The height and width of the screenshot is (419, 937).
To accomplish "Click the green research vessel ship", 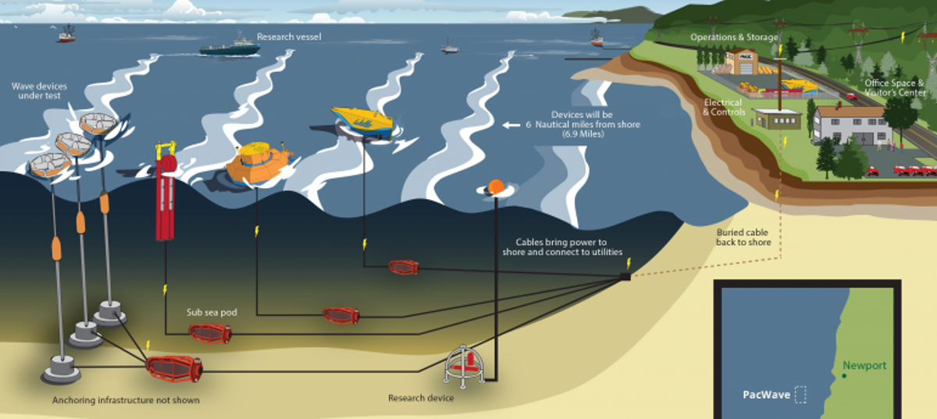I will pyautogui.click(x=230, y=48).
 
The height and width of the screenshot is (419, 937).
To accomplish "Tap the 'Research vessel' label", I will pyautogui.click(x=289, y=36).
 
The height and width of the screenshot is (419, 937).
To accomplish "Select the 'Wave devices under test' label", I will pyautogui.click(x=37, y=90).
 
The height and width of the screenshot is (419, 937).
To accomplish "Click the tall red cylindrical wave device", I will pyautogui.click(x=165, y=195).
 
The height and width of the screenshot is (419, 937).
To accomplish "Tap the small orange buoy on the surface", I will pyautogui.click(x=495, y=187).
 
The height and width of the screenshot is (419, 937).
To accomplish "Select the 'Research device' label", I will pyautogui.click(x=421, y=398).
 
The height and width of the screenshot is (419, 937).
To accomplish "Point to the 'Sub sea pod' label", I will pyautogui.click(x=212, y=312).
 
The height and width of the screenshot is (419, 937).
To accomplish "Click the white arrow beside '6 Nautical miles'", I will pyautogui.click(x=511, y=125).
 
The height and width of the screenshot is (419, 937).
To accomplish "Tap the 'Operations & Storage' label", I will pyautogui.click(x=734, y=37).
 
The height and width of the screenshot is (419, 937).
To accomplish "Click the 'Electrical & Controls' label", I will pyautogui.click(x=723, y=107).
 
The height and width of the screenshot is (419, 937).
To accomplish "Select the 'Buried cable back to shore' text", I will pyautogui.click(x=743, y=237).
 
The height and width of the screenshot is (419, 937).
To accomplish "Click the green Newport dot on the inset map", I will pyautogui.click(x=845, y=376).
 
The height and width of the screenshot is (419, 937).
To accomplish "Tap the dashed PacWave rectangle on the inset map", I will pyautogui.click(x=800, y=394).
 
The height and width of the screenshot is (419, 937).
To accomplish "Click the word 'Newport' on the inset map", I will pyautogui.click(x=864, y=365).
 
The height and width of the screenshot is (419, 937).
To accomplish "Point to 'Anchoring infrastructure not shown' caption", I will pyautogui.click(x=126, y=400).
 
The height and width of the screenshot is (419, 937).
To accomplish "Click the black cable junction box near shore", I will pyautogui.click(x=625, y=275).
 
